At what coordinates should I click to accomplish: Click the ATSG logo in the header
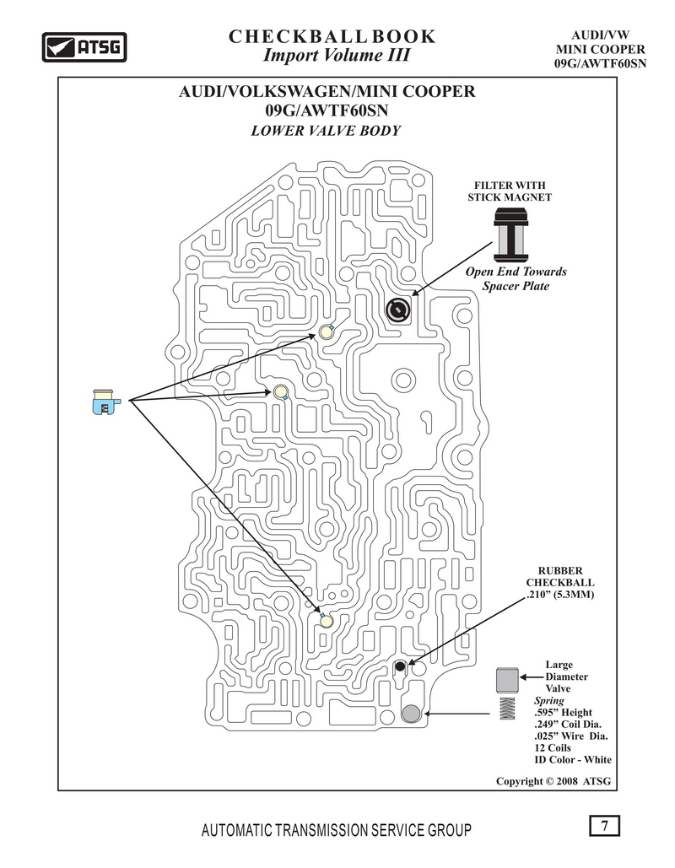coord(84,47)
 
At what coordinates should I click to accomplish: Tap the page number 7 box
coord(604,825)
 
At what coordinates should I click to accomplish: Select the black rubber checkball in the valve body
coord(400,666)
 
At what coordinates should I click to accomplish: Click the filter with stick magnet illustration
coord(510,235)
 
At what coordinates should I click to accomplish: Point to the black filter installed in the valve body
coord(398,310)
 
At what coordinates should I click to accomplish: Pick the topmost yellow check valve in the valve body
coord(325,332)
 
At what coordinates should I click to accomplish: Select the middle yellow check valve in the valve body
coord(281,392)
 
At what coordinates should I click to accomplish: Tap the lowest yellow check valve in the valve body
coord(326,621)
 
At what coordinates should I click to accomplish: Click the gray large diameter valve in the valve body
coord(411,714)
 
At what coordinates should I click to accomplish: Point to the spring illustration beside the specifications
coord(507,708)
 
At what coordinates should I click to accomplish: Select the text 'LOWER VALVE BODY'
coord(326,131)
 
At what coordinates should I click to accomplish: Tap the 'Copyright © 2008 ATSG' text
coord(553,781)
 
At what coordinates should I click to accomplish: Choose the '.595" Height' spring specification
coord(563,713)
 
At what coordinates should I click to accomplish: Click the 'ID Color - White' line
coord(573,759)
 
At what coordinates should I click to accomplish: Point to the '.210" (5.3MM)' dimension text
coord(559,595)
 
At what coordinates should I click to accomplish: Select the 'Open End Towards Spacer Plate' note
coord(516,278)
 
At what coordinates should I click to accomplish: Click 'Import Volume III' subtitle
coord(337,56)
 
